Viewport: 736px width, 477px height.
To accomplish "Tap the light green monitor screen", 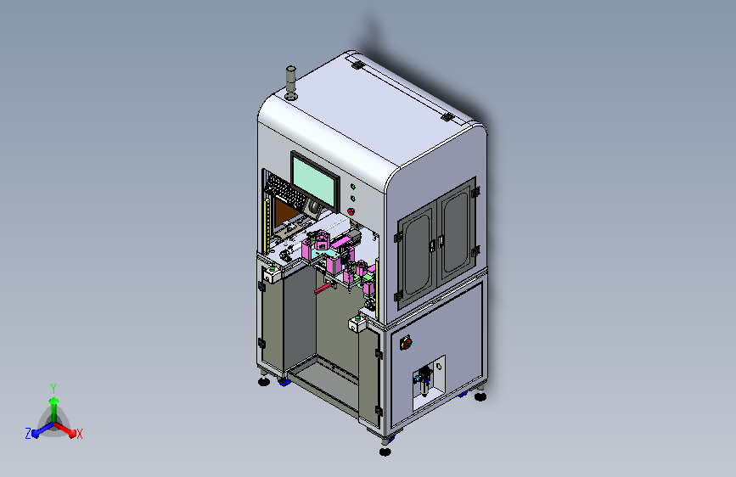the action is [315, 180].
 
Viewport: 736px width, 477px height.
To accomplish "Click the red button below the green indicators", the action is [351, 211].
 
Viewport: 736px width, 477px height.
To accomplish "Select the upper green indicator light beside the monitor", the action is [353, 187].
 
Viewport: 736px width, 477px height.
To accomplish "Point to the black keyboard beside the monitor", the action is [284, 192].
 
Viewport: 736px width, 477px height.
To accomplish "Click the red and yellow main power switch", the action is [406, 343].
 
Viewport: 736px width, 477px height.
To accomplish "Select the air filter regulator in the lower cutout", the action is [424, 381].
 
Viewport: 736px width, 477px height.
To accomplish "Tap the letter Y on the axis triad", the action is [53, 388].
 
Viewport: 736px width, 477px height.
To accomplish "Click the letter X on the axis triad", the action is [79, 435].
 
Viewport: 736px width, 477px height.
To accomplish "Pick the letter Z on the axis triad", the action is [28, 434].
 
